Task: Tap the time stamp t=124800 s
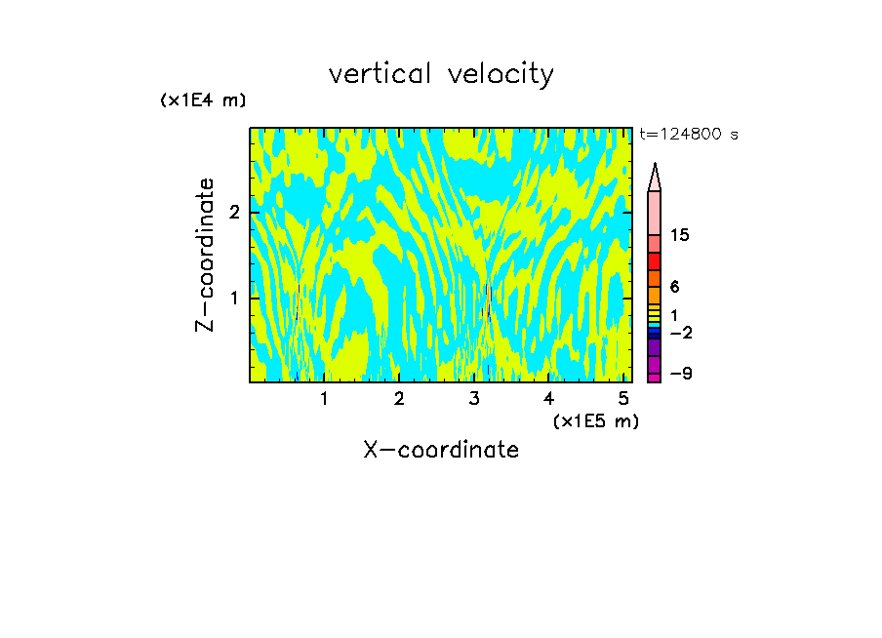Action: (x=689, y=135)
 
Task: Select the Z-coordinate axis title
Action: (x=205, y=255)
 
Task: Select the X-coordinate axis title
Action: (x=441, y=450)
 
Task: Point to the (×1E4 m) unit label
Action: (x=203, y=100)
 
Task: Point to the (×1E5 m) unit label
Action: (x=596, y=420)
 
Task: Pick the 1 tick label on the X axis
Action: (x=324, y=398)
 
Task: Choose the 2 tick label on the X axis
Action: (x=399, y=398)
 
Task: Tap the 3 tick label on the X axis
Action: (x=474, y=398)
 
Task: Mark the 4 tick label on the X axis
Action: (x=549, y=398)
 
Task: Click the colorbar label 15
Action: (x=680, y=236)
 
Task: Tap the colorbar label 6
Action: (x=674, y=288)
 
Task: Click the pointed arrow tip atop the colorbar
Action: (x=655, y=176)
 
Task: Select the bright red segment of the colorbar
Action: (x=655, y=261)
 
